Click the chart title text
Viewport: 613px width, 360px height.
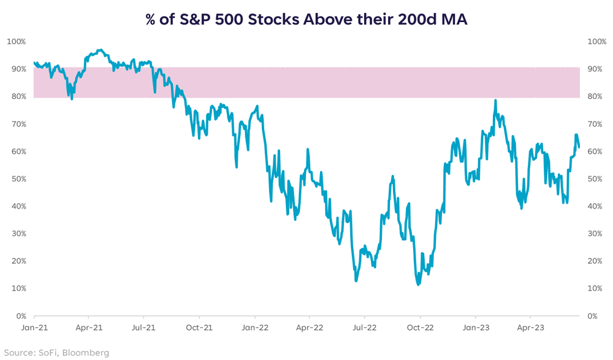[306, 18]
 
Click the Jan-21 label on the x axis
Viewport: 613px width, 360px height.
[34, 327]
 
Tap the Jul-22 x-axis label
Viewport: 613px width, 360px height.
[364, 327]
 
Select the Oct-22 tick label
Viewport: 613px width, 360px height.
[421, 327]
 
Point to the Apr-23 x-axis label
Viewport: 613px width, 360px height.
[530, 327]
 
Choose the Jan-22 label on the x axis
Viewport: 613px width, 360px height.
[254, 327]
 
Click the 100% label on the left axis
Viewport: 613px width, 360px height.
[16, 42]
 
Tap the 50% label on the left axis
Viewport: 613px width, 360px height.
[17, 179]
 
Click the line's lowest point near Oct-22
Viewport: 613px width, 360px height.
[418, 285]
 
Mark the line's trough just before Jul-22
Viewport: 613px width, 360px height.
[356, 280]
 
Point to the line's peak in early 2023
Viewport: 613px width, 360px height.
[495, 101]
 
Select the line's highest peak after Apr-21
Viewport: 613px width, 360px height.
[99, 50]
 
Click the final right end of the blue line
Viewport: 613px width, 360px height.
[579, 147]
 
